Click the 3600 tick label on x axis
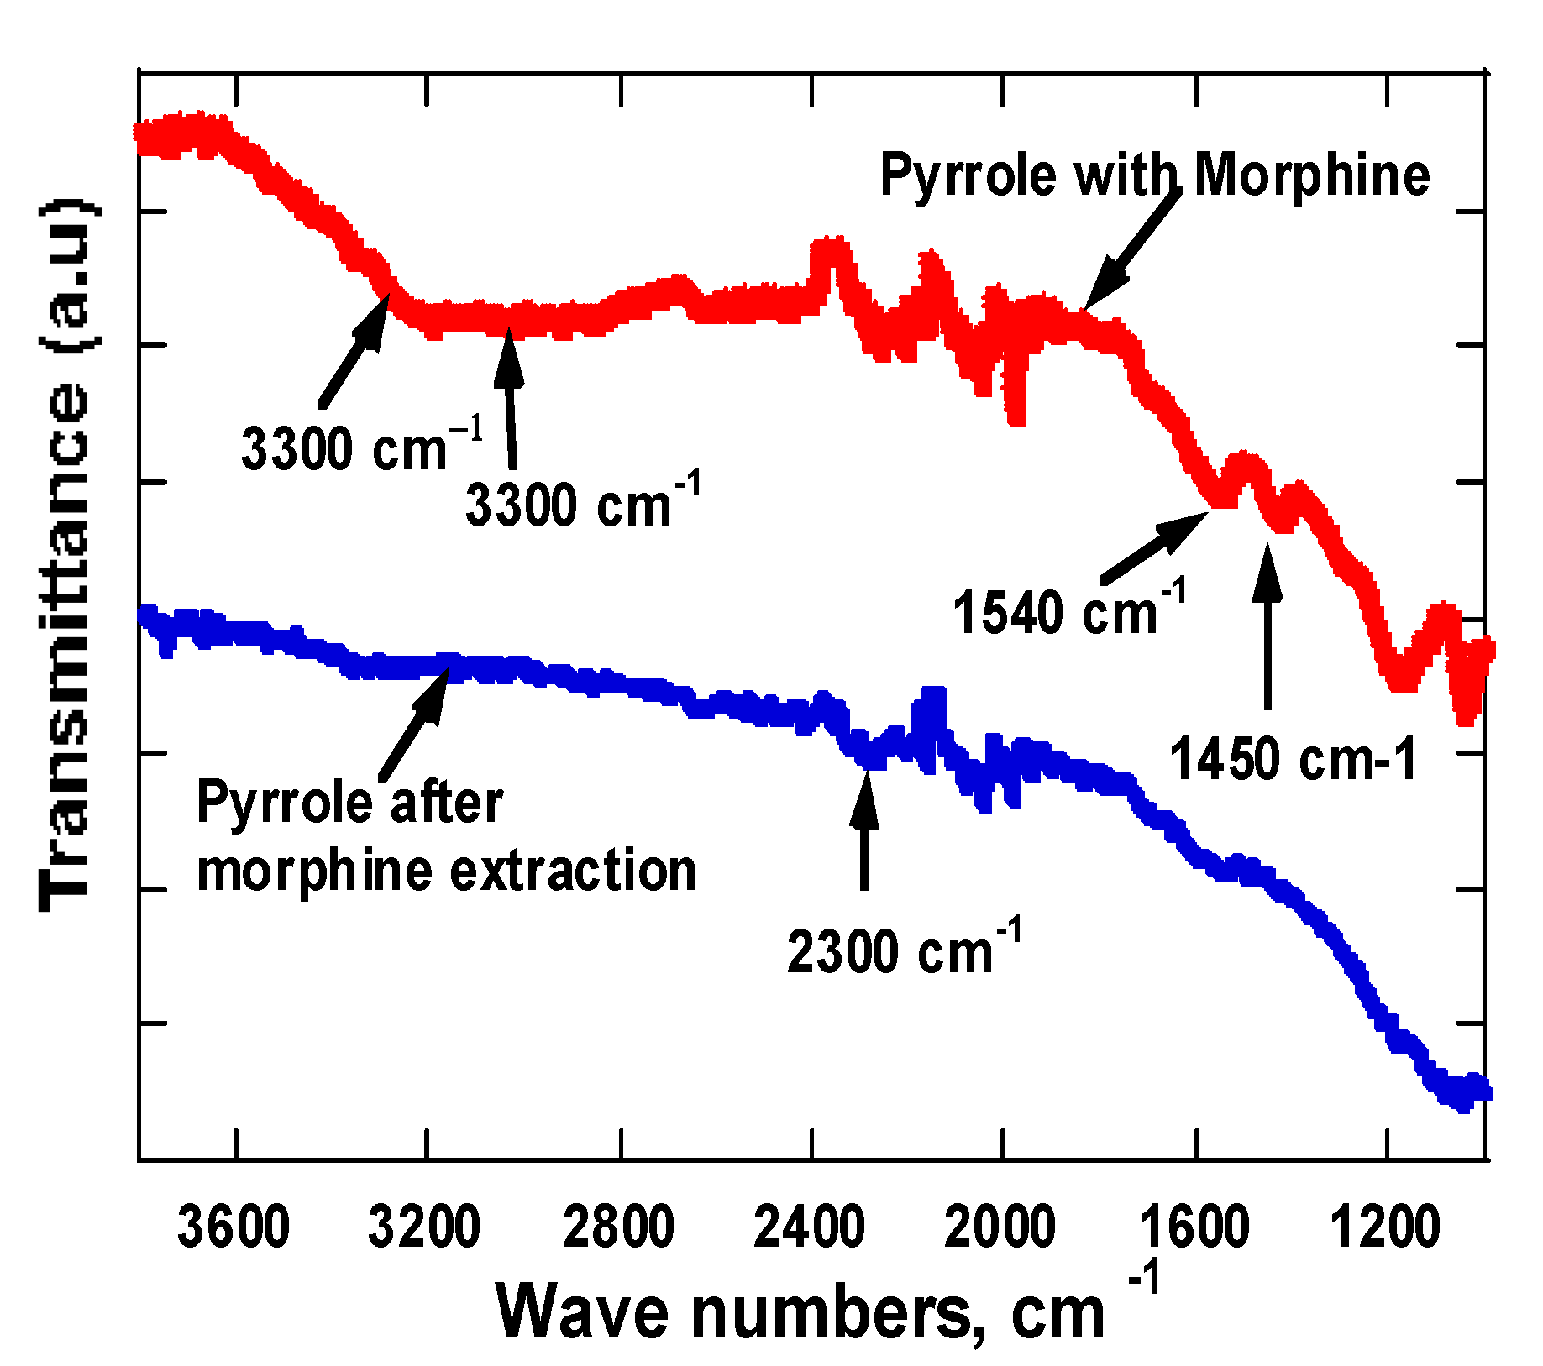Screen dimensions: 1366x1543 234,1227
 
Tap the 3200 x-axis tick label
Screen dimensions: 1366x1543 424,1227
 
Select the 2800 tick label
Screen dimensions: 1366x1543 618,1227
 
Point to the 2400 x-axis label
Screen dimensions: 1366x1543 809,1227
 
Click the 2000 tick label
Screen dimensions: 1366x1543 1000,1227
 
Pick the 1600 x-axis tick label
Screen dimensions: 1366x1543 1194,1227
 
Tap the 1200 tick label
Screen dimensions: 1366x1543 1385,1227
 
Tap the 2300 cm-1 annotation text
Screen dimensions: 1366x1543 904,950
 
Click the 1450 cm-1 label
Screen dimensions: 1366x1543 1293,759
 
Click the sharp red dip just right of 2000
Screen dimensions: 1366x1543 1016,403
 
